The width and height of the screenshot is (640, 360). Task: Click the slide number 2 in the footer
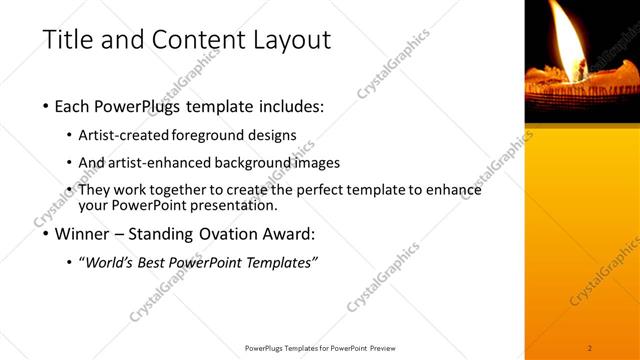click(590, 347)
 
